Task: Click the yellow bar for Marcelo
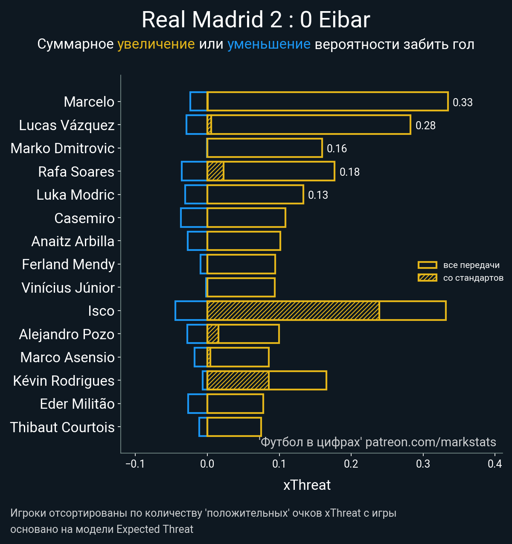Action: (327, 102)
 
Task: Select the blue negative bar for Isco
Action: (191, 311)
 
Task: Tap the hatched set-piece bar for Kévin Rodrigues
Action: (238, 380)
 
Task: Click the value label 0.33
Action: (463, 102)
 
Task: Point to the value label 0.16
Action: (337, 148)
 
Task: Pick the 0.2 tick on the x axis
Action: (351, 464)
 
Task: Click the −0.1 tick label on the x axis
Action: (135, 464)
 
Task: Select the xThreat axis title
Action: (307, 485)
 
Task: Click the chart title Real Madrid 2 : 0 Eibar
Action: (256, 20)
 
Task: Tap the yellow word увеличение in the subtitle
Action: (156, 44)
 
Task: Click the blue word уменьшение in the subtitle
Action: (269, 44)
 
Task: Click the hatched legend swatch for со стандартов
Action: (427, 278)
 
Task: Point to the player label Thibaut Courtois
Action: (62, 427)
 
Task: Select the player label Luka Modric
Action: (76, 195)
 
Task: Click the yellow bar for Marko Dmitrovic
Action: (265, 148)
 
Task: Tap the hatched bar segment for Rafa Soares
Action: (215, 172)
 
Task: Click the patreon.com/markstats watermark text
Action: (431, 442)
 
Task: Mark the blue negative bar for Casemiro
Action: (194, 218)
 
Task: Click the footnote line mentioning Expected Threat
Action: (102, 529)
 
